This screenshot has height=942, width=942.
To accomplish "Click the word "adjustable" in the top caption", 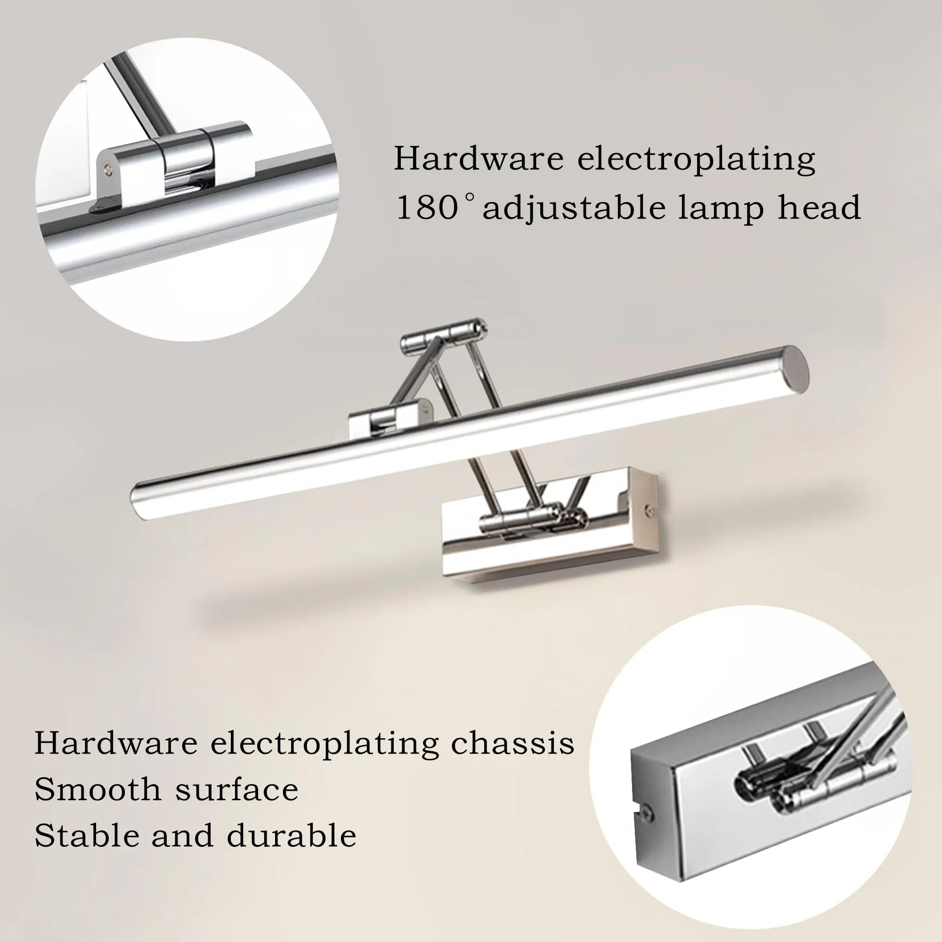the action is [x=574, y=208].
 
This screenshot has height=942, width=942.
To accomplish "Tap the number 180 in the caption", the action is [x=427, y=208].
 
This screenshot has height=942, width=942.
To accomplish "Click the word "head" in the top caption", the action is [x=819, y=208].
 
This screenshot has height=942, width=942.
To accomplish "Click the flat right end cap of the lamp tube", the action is [x=798, y=371].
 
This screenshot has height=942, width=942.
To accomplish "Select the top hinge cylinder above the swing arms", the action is [x=443, y=335].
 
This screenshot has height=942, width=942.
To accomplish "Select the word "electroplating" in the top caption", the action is [x=696, y=160].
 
